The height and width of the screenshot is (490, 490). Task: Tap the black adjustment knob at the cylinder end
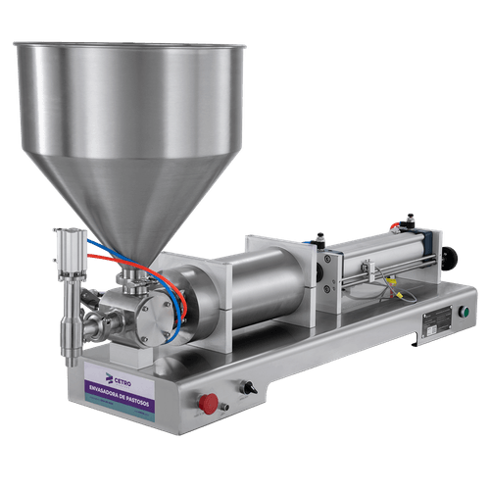click(x=452, y=259)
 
